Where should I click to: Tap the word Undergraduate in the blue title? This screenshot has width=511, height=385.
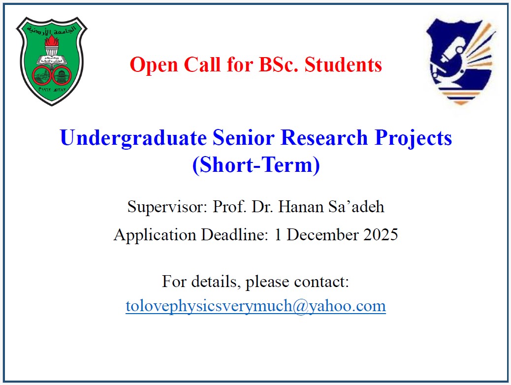133,138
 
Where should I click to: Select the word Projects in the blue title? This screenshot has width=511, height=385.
414,138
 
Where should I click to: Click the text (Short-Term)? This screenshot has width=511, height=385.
255,165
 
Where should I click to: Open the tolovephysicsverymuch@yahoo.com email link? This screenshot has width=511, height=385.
255,306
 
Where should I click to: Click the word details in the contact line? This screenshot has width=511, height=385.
215,282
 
